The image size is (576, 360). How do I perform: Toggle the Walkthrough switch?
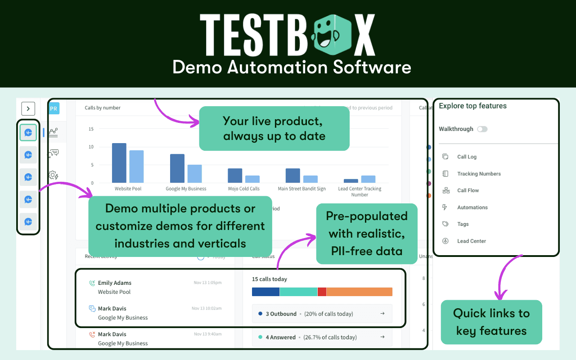click(x=482, y=129)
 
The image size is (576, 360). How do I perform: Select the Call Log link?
click(x=467, y=157)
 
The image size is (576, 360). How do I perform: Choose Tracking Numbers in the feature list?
click(x=479, y=174)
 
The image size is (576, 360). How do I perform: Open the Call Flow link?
click(x=468, y=190)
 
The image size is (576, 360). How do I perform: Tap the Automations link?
click(x=472, y=207)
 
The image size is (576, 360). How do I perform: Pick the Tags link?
click(x=463, y=224)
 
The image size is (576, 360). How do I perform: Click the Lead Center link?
click(x=471, y=241)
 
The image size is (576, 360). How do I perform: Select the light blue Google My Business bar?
click(x=195, y=174)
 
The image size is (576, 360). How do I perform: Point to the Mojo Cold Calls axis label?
click(x=243, y=189)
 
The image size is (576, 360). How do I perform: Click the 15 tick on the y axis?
click(x=91, y=129)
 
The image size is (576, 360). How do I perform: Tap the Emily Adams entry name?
click(x=115, y=283)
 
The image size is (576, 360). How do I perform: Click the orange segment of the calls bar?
click(x=359, y=292)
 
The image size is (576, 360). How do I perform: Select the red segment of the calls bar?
click(x=322, y=292)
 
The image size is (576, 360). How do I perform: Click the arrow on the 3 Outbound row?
click(x=382, y=314)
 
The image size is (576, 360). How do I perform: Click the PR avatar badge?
click(x=54, y=108)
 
